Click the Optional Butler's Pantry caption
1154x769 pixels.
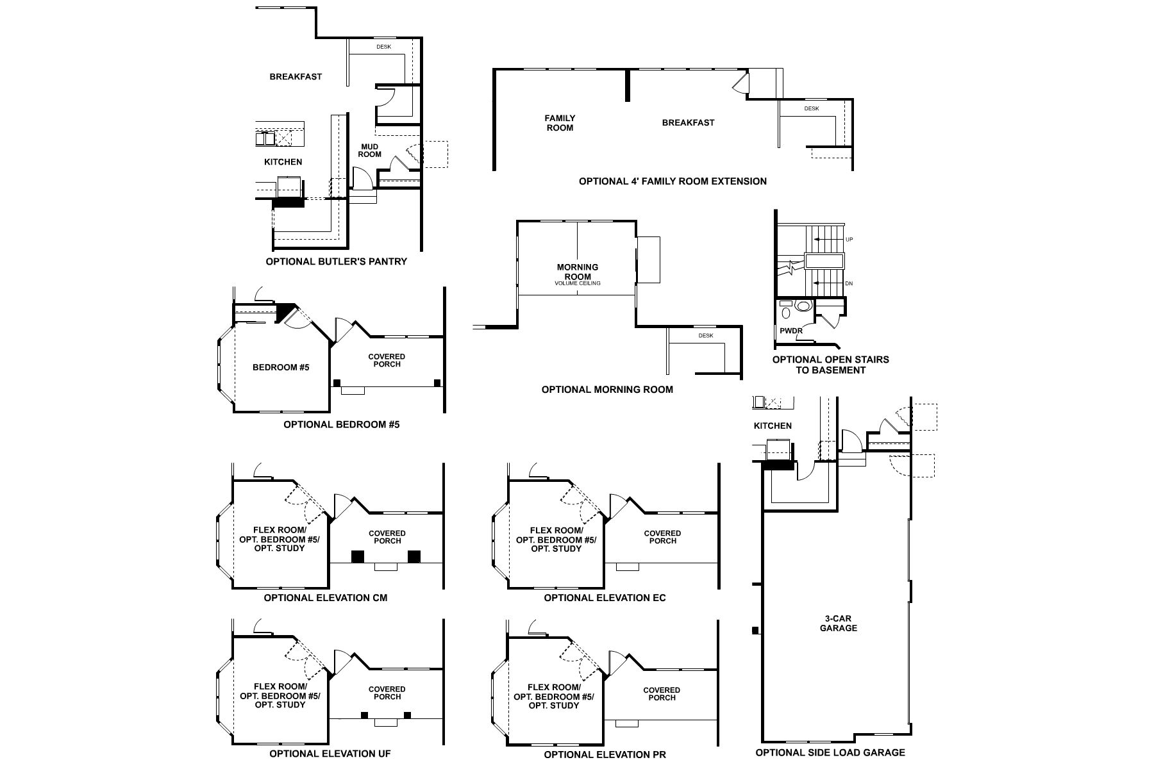click(336, 261)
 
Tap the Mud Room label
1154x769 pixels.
click(369, 151)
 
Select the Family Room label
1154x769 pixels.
click(560, 122)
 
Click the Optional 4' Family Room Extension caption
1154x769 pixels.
click(673, 181)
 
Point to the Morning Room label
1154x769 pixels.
click(578, 272)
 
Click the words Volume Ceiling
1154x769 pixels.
click(578, 283)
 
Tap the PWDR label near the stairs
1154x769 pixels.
click(791, 331)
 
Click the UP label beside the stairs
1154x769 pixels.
click(849, 240)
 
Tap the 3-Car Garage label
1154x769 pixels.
click(838, 624)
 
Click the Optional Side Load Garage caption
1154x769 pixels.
click(830, 753)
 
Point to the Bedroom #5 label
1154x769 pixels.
click(281, 367)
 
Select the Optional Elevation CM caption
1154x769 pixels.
click(326, 598)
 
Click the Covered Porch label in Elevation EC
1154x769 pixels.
click(662, 537)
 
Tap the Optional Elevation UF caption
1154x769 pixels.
click(330, 754)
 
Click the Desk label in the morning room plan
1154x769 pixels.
click(705, 336)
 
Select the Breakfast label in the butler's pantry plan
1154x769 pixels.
click(296, 77)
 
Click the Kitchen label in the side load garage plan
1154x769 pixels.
click(773, 426)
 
